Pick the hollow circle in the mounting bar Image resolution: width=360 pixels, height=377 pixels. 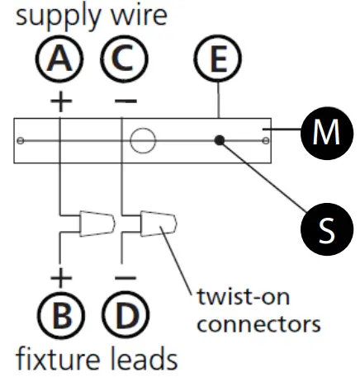pos(142,140)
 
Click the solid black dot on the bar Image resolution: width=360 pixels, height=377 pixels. pos(220,141)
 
